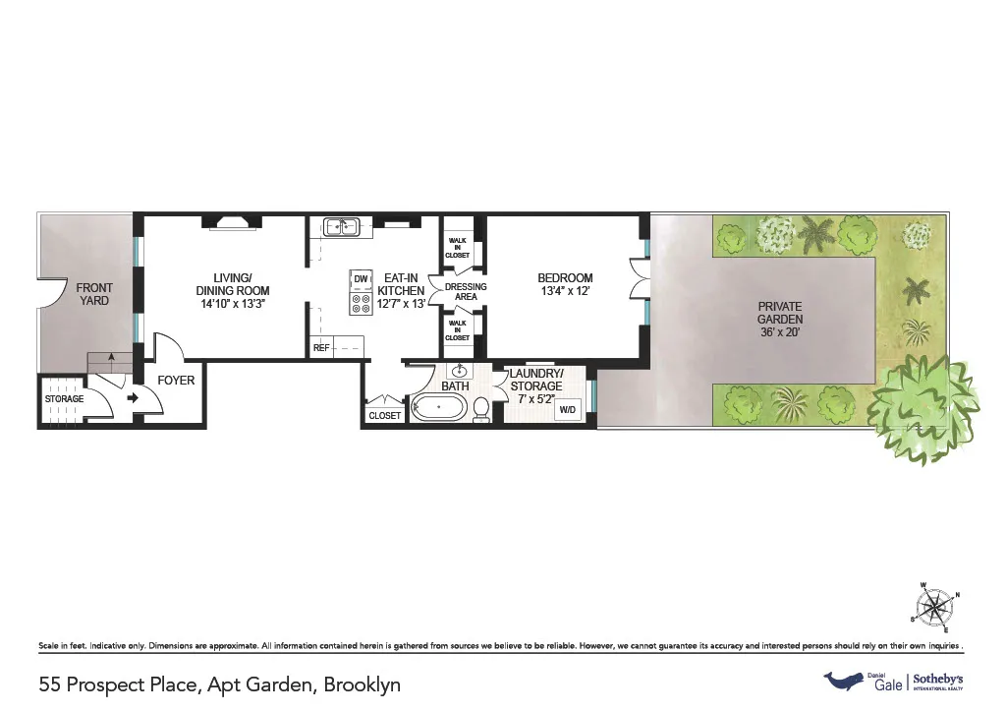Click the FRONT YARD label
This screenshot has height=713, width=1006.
pyautogui.click(x=94, y=294)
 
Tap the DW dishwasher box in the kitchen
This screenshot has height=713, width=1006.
pyautogui.click(x=361, y=279)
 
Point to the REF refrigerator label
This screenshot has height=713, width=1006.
pyautogui.click(x=321, y=347)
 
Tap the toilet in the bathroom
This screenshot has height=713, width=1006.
pyautogui.click(x=481, y=410)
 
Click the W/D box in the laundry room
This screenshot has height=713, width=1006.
pyautogui.click(x=568, y=408)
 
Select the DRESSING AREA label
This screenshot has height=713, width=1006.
pyautogui.click(x=466, y=291)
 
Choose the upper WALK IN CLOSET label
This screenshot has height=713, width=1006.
pyautogui.click(x=458, y=247)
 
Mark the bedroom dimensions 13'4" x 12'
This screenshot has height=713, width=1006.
pyautogui.click(x=565, y=292)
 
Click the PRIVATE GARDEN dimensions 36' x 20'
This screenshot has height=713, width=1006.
pyautogui.click(x=780, y=332)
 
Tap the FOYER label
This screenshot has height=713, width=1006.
pyautogui.click(x=177, y=381)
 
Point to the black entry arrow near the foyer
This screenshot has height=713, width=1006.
pyautogui.click(x=134, y=398)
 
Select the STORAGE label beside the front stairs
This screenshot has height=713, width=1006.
pyautogui.click(x=64, y=398)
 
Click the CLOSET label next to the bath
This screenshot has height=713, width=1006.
pyautogui.click(x=385, y=415)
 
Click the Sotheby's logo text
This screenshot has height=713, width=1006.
pyautogui.click(x=940, y=680)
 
